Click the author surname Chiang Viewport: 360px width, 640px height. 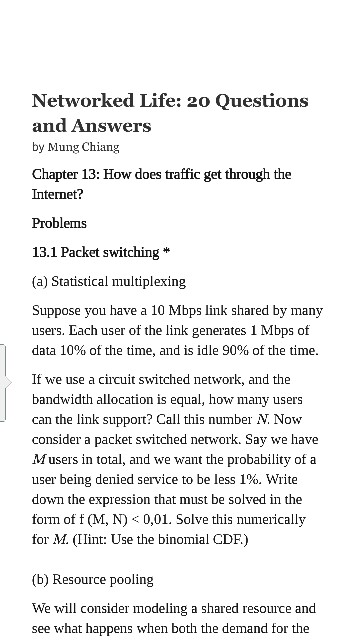click(x=100, y=147)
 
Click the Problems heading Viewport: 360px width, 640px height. click(x=59, y=223)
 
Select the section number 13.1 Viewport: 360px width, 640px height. click(x=46, y=251)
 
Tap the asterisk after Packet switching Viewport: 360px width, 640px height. click(x=166, y=251)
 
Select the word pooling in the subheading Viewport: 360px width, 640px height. click(x=131, y=579)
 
